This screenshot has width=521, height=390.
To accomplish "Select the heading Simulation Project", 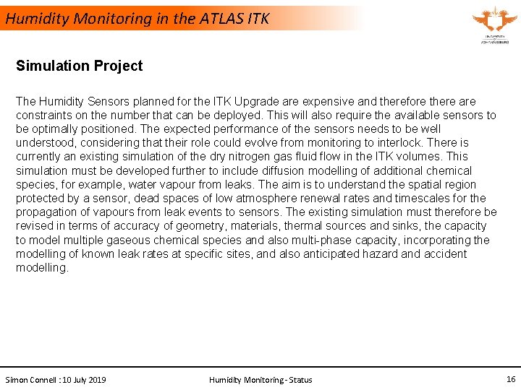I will pyautogui.click(x=80, y=66).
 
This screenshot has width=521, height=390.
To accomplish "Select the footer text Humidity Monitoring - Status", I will pyautogui.click(x=260, y=380).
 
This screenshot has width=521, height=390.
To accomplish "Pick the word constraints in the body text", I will pyautogui.click(x=46, y=116).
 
